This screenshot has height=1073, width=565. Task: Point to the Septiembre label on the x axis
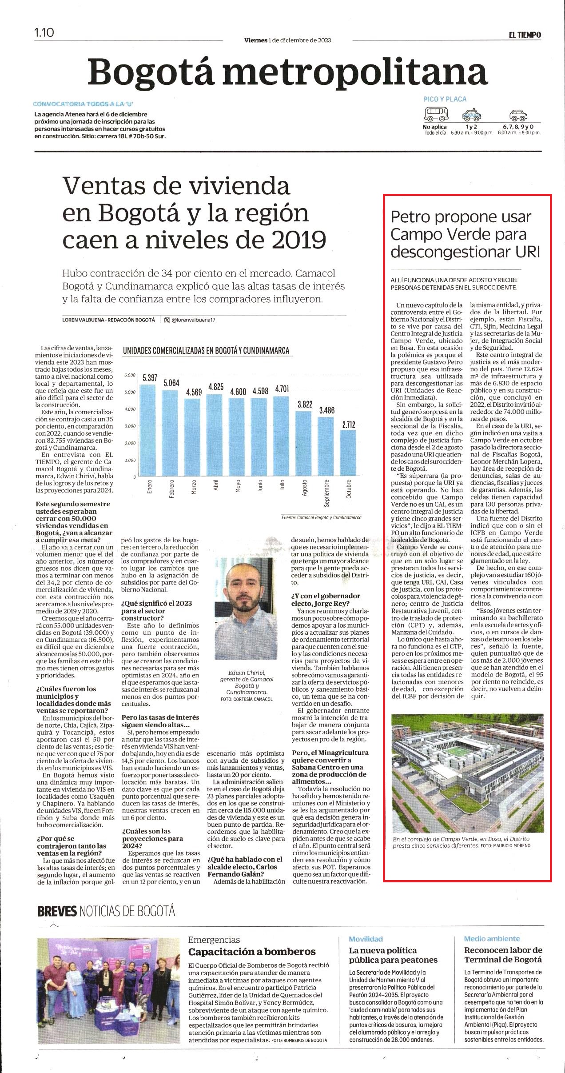(x=326, y=493)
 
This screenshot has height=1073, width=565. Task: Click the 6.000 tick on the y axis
(x=130, y=375)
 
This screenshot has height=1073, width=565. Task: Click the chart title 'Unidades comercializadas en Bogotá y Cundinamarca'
(x=206, y=351)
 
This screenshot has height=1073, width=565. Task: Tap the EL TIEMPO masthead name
(x=525, y=35)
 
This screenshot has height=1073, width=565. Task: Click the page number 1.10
(x=44, y=32)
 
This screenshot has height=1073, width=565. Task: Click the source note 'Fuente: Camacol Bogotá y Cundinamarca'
(x=321, y=517)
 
